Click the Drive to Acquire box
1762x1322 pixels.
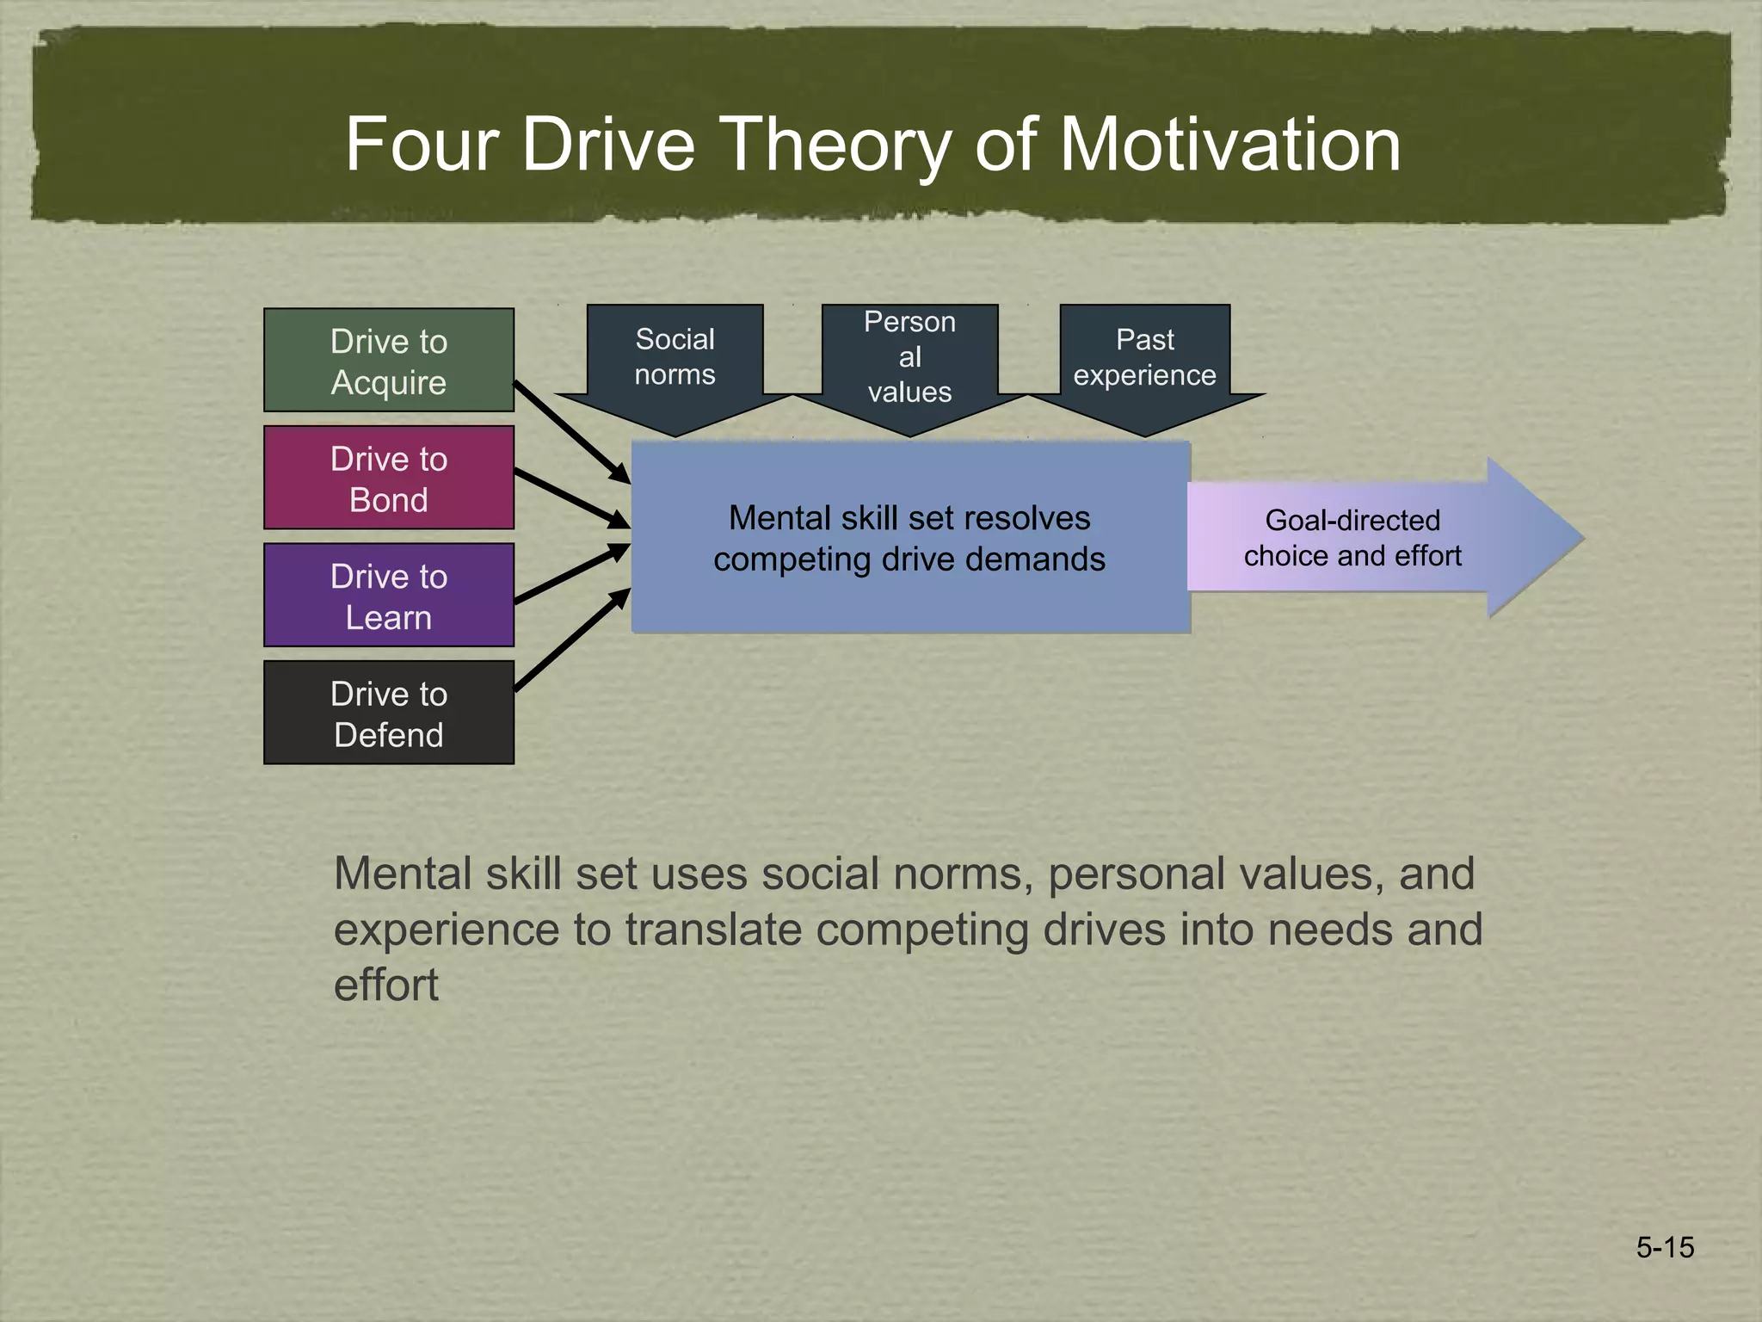click(x=388, y=360)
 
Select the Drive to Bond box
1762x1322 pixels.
click(x=388, y=478)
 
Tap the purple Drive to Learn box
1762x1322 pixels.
click(x=388, y=595)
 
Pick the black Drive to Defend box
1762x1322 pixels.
click(x=388, y=713)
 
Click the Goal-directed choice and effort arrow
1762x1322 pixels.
click(x=1377, y=538)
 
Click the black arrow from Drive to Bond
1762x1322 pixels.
click(x=571, y=498)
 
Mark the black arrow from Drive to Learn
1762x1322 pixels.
click(x=571, y=573)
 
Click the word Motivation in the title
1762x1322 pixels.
click(x=1229, y=145)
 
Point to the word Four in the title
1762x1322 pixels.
click(x=422, y=145)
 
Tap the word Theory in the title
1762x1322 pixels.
click(x=834, y=145)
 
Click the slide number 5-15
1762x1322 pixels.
click(x=1665, y=1247)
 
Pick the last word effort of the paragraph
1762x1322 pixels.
click(x=386, y=985)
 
